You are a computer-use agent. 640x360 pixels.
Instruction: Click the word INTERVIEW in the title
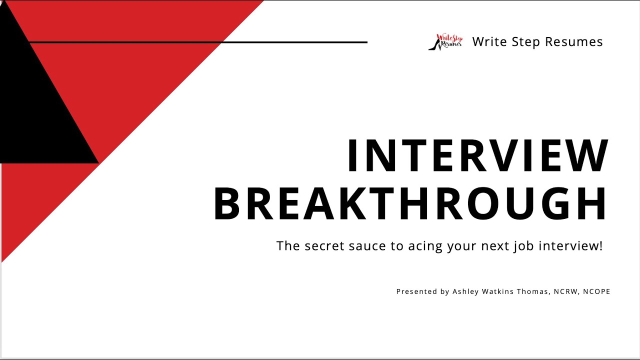[x=477, y=156]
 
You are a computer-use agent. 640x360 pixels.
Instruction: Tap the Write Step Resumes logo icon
[x=445, y=42]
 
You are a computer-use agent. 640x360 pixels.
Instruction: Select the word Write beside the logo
[x=488, y=42]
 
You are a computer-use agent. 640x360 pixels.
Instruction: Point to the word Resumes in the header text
[x=574, y=42]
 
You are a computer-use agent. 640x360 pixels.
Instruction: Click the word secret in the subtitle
[x=321, y=246]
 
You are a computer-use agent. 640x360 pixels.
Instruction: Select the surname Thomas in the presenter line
[x=534, y=291]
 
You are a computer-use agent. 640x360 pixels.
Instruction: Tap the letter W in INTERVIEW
[x=591, y=156]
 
